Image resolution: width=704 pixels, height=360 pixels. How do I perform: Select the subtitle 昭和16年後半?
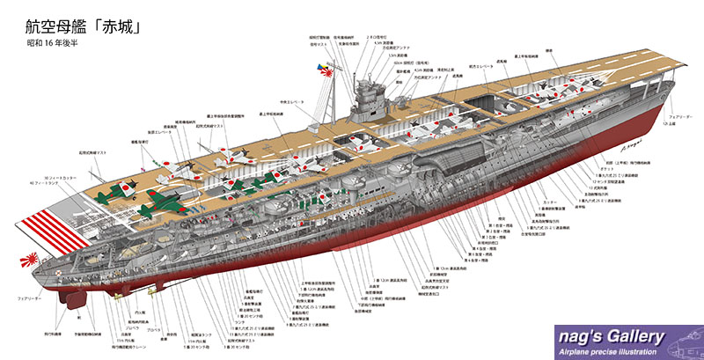[55, 43]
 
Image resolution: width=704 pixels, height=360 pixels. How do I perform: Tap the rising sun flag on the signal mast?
[317, 70]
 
